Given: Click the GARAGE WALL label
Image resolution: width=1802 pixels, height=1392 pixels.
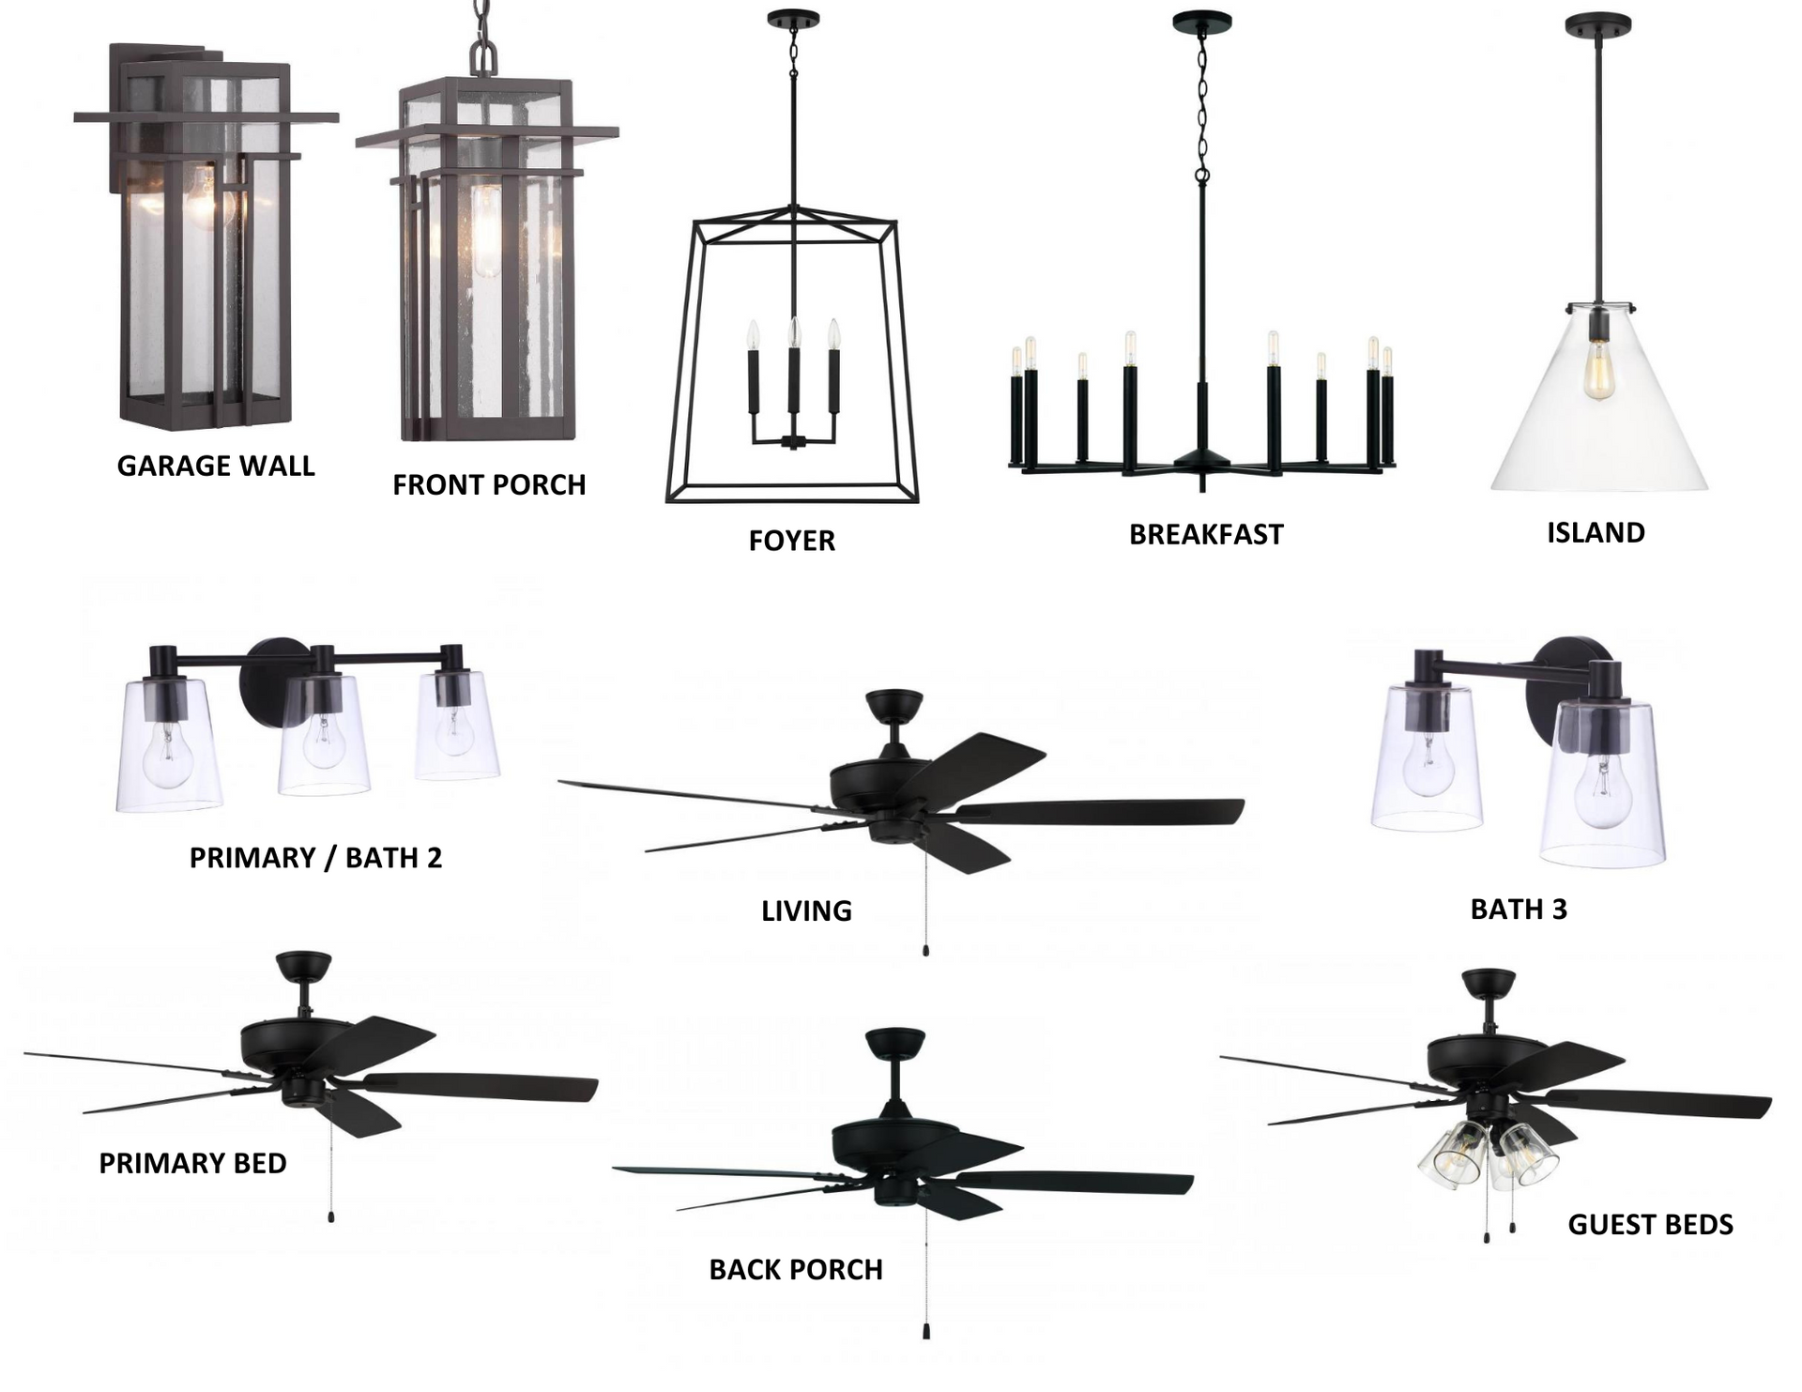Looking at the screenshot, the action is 216,466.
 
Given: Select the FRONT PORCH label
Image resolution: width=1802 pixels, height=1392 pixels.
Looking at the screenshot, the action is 489,484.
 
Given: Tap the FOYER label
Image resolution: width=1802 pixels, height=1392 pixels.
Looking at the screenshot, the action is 792,541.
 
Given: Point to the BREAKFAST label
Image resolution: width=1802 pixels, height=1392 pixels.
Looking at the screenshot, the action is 1206,534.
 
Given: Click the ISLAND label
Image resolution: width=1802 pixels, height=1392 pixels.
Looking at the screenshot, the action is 1596,532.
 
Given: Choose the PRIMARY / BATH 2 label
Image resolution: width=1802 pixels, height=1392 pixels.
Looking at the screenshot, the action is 315,858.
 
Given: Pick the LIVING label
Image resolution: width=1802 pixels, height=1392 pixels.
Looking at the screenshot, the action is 806,910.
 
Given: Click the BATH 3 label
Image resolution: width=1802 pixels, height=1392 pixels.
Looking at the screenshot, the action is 1519,909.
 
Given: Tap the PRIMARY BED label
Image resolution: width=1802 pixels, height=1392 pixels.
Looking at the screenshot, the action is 192,1163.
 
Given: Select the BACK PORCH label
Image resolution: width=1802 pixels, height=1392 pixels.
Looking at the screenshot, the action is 796,1269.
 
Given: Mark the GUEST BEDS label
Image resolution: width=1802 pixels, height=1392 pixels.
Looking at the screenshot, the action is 1650,1224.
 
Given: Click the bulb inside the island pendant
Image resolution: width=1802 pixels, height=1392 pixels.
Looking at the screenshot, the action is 1594,372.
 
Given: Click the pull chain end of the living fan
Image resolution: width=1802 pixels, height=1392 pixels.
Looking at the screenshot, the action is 926,951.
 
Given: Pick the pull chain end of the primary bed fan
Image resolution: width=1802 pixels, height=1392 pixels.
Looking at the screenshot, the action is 330,1216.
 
